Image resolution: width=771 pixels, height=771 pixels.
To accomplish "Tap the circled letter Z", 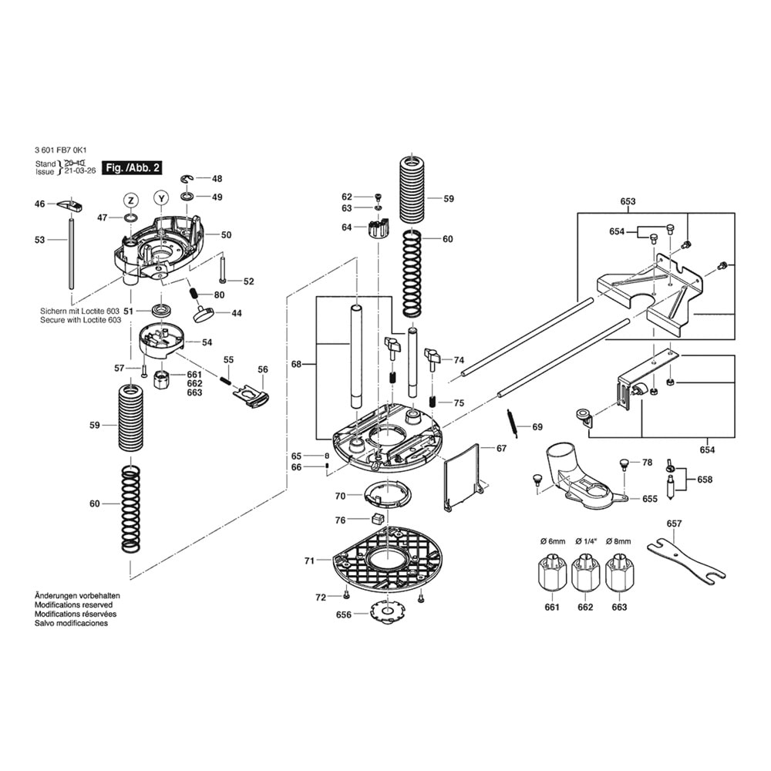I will tap(131, 200).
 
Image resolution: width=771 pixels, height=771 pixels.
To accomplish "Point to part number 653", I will tap(628, 201).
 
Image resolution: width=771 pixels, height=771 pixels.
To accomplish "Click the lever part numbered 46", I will tap(71, 205).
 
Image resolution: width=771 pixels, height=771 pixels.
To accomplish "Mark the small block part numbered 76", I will tap(378, 520).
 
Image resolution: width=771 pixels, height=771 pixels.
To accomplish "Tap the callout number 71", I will tap(309, 561).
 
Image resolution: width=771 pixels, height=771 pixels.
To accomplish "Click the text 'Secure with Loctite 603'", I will tap(81, 319).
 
